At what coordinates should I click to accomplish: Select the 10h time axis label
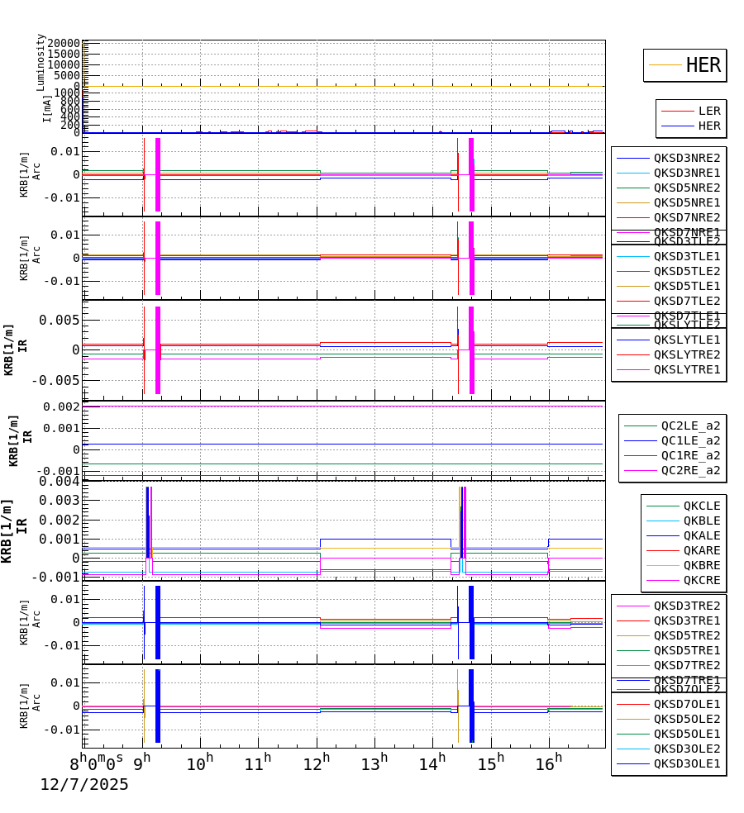click(x=200, y=762)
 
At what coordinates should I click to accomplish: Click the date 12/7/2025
click(x=84, y=785)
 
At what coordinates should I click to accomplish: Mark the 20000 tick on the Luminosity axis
click(x=64, y=44)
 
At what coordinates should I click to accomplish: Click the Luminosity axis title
click(x=41, y=62)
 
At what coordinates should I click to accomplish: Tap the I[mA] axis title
click(x=47, y=107)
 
